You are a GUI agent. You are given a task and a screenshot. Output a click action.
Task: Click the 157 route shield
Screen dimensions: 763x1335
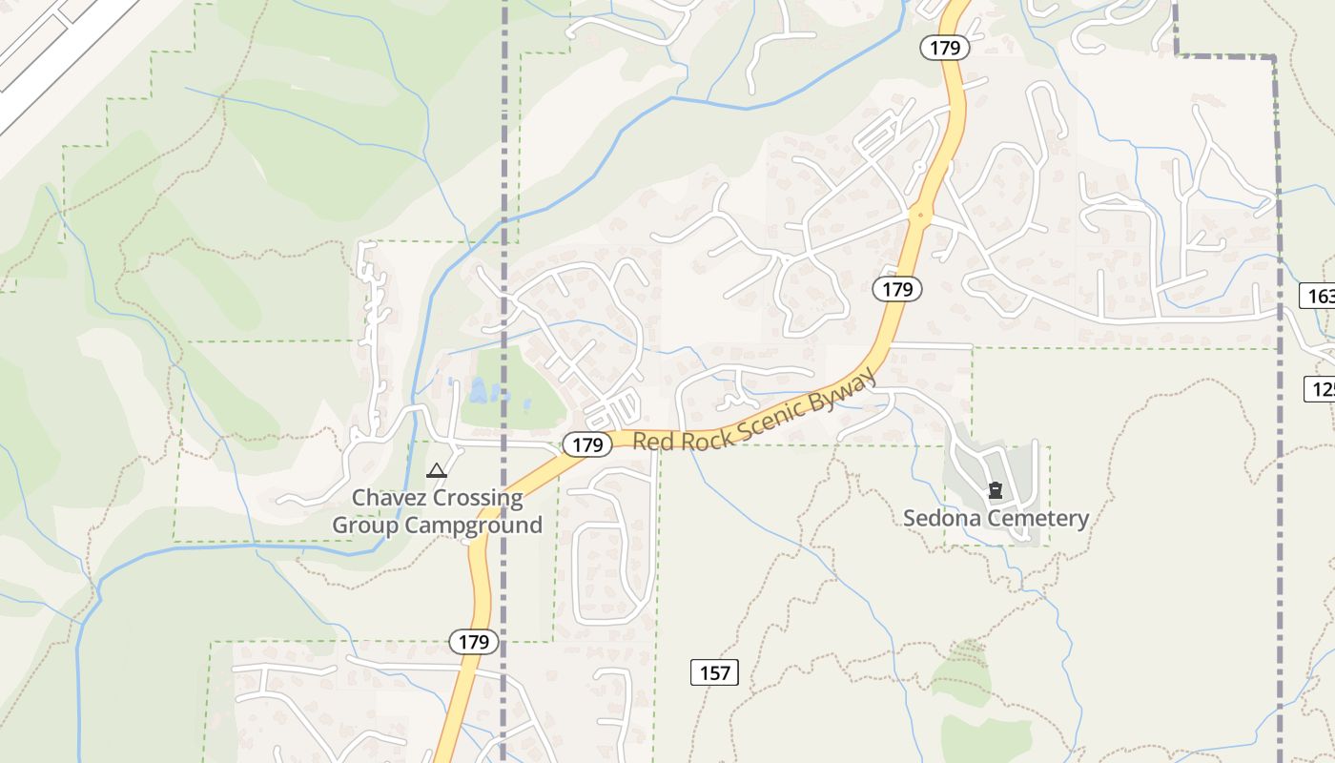pos(714,673)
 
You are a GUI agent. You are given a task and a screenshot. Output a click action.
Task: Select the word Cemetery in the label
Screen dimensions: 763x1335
pos(1039,519)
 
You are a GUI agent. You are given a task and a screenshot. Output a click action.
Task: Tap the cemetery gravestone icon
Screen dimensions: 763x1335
pos(996,491)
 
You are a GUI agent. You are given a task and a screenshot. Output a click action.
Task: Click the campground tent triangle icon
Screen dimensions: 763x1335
pos(437,470)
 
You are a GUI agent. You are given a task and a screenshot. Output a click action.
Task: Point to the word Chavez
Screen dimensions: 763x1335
pos(389,498)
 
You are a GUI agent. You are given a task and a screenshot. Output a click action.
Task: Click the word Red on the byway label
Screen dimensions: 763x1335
pos(652,442)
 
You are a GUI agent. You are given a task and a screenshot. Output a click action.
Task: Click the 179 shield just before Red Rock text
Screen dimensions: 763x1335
pos(587,444)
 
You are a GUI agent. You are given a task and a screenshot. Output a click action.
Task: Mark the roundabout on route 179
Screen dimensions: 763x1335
pos(920,215)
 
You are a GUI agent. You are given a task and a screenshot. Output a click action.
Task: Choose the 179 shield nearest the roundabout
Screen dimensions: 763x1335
pos(897,289)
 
